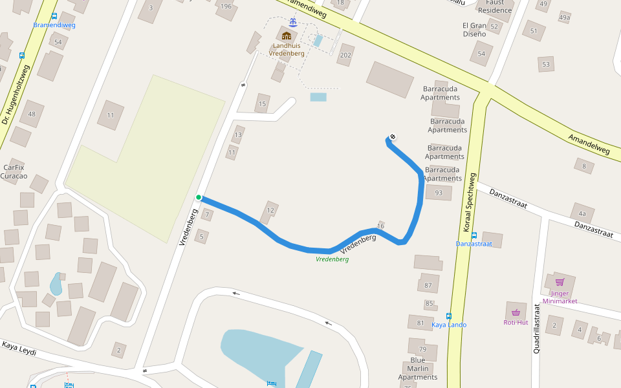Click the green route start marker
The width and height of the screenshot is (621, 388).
(199, 197)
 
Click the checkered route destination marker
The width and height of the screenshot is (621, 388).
(393, 136)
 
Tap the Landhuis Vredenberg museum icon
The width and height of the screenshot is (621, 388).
(286, 36)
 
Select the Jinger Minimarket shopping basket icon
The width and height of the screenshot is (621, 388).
(560, 282)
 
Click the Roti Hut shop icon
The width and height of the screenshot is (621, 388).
(516, 312)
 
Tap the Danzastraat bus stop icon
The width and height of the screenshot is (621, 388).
(474, 235)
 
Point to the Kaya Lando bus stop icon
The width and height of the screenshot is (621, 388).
(449, 316)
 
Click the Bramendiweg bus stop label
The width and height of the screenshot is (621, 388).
(54, 25)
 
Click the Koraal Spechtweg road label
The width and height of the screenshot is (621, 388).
(470, 203)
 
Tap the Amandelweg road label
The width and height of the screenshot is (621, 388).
(589, 144)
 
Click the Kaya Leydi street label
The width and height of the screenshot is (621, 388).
(19, 349)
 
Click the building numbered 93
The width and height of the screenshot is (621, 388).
(439, 193)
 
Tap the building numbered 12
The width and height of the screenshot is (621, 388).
(270, 210)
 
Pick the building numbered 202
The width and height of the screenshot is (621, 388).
(345, 55)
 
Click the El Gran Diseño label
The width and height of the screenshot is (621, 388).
(474, 30)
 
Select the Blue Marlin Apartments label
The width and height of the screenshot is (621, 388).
(418, 369)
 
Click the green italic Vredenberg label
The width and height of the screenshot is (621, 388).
(332, 259)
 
